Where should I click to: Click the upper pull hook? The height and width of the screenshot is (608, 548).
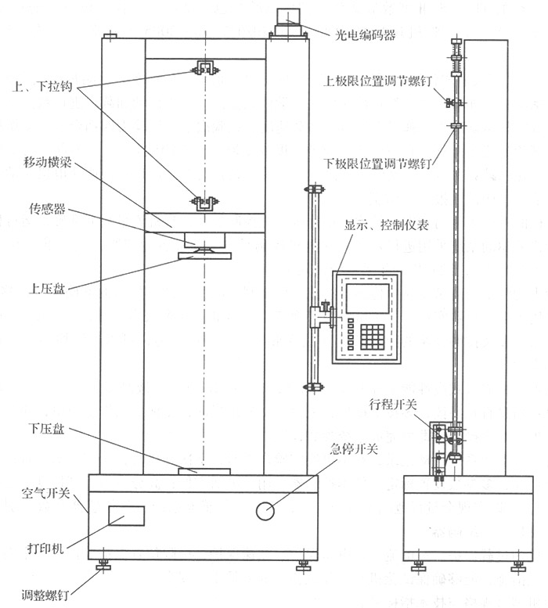pyautogui.click(x=205, y=69)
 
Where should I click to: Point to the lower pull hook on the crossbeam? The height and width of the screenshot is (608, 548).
pyautogui.click(x=205, y=203)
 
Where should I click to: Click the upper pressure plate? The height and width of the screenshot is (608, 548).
pyautogui.click(x=205, y=255)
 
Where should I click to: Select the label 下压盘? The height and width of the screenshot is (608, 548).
pyautogui.click(x=46, y=428)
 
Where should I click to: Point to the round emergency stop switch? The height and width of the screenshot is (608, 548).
pyautogui.click(x=265, y=511)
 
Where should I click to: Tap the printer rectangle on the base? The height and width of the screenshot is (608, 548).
pyautogui.click(x=126, y=515)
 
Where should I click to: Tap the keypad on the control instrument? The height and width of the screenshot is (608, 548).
pyautogui.click(x=372, y=336)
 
